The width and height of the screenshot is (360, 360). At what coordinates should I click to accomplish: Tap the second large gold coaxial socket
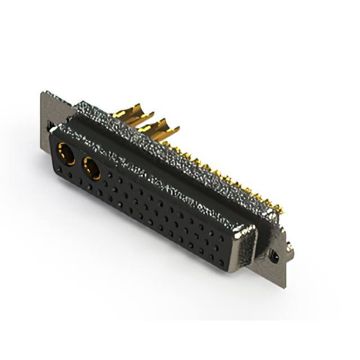pyautogui.click(x=91, y=168)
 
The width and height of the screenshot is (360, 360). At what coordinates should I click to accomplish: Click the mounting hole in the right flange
pyautogui.click(x=273, y=257)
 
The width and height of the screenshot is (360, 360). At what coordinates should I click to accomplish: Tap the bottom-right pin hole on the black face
pyautogui.click(x=221, y=262)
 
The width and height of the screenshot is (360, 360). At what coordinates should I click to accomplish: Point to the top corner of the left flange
pyautogui.click(x=42, y=93)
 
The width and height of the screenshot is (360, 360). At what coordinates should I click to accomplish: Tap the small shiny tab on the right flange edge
pyautogui.click(x=289, y=247)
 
